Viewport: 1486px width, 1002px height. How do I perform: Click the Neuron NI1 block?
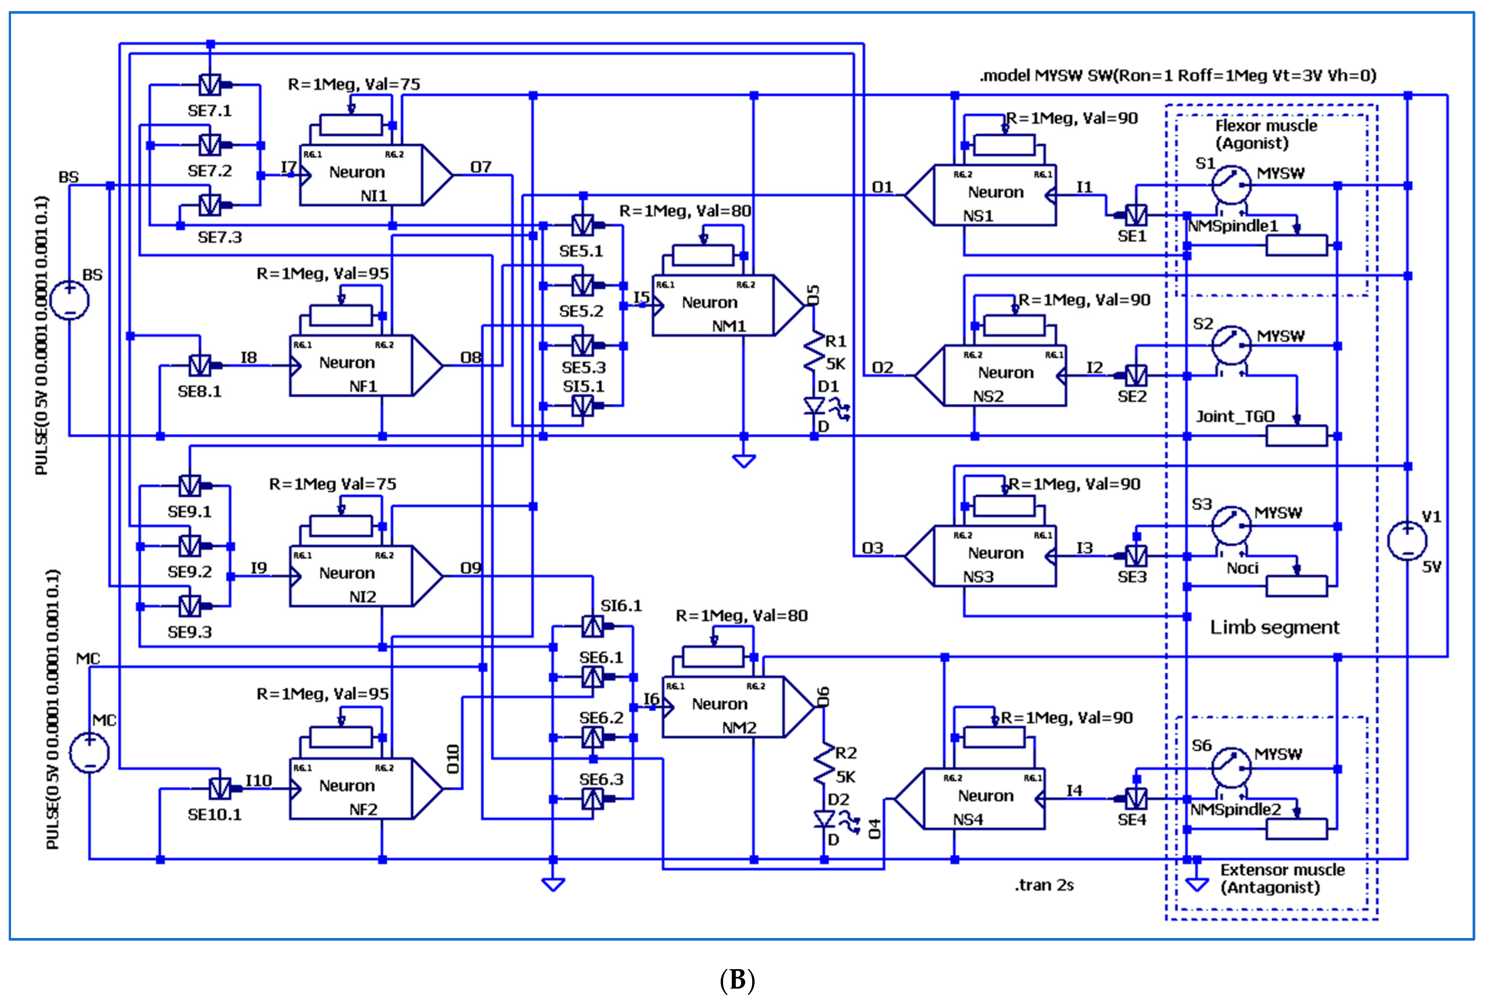click(361, 175)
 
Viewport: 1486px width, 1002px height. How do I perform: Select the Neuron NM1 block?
click(713, 305)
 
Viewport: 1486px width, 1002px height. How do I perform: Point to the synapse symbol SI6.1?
click(592, 626)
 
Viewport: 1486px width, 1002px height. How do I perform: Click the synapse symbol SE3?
click(1136, 556)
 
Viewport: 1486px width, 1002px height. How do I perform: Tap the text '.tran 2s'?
click(1044, 885)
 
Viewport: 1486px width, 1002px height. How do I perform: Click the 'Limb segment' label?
click(1274, 627)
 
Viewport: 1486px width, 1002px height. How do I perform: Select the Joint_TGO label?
click(1235, 417)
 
